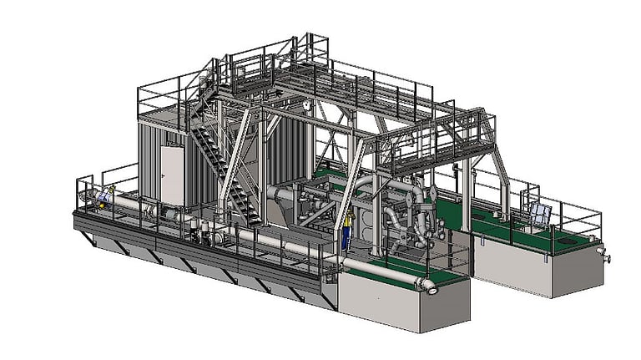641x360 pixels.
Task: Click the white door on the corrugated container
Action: [173, 175]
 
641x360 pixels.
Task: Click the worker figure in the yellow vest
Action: [346, 231]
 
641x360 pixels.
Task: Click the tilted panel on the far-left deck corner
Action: [103, 197]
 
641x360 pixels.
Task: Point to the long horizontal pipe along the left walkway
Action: [250, 235]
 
